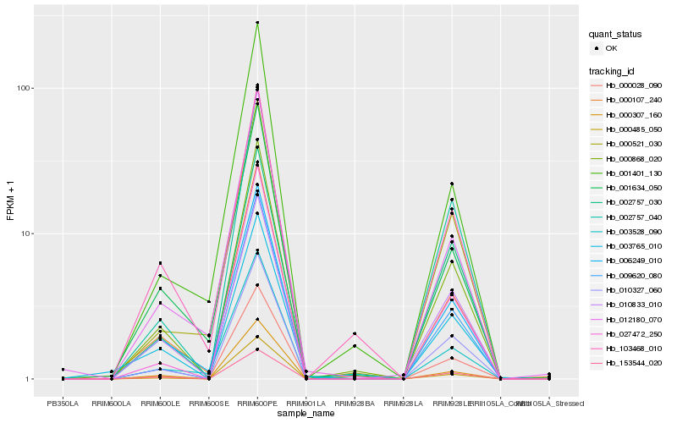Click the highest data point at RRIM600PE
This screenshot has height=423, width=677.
tap(257, 23)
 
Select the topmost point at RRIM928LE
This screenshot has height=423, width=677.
tap(452, 184)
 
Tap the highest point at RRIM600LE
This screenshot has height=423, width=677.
tap(160, 263)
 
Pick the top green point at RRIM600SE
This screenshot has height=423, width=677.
tap(208, 301)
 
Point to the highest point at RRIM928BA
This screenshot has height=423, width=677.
tap(355, 333)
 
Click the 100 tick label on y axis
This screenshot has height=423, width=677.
tap(25, 89)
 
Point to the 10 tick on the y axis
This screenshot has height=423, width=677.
tap(27, 233)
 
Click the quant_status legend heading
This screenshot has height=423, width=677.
tap(615, 35)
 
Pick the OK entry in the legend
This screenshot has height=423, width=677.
tap(611, 48)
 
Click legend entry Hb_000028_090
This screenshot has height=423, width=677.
tap(633, 85)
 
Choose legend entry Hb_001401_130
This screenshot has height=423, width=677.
tap(633, 172)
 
